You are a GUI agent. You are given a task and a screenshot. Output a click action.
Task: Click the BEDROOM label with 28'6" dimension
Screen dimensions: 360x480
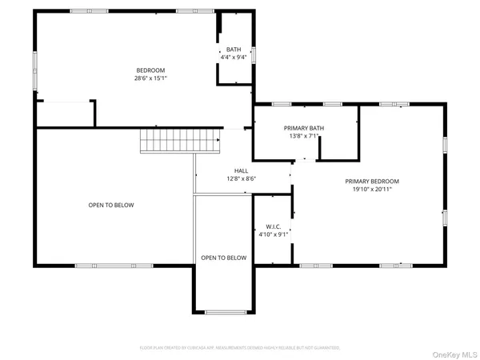[x=150, y=70]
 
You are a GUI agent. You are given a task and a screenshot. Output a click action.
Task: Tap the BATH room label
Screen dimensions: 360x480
[x=233, y=50]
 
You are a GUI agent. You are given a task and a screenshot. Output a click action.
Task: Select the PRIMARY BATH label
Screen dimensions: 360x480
[x=304, y=128]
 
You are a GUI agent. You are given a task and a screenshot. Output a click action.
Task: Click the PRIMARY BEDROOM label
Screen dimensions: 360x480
[x=372, y=182]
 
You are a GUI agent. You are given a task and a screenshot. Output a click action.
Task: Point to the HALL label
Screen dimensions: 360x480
[x=241, y=170]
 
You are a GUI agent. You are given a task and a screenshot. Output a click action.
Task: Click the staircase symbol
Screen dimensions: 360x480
[x=179, y=141]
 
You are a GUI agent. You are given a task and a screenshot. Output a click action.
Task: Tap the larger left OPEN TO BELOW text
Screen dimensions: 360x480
[x=110, y=206]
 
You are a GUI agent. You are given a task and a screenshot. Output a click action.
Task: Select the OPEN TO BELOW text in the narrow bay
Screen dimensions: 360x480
[x=223, y=258]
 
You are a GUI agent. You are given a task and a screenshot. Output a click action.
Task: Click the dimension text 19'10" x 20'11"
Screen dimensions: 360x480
[x=372, y=190]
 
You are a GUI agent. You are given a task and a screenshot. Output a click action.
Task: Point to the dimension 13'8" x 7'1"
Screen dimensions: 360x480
[x=304, y=136]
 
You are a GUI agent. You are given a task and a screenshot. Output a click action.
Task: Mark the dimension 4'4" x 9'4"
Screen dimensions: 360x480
[x=233, y=57]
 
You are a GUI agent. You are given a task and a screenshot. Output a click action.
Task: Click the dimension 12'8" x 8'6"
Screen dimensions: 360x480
[x=241, y=178]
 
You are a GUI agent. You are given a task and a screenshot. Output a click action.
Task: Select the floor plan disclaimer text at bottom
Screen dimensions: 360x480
[x=240, y=347]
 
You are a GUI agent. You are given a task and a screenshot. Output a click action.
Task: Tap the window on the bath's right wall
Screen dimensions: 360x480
[x=254, y=55]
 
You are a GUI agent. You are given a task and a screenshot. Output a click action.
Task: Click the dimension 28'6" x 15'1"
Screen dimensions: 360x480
[x=150, y=78]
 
